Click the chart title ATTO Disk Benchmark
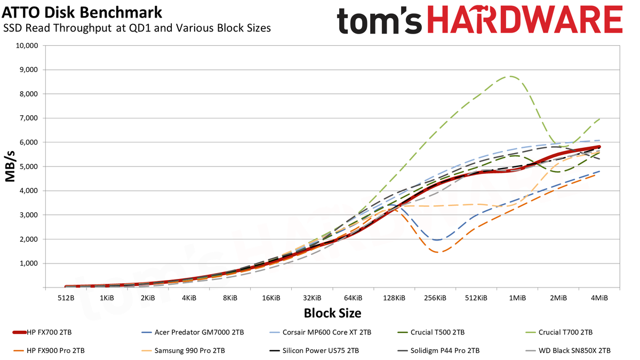[x=82, y=13]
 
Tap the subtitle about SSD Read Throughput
[x=137, y=28]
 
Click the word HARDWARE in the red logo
[x=525, y=20]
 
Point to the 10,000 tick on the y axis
[x=27, y=45]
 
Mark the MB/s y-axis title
[x=10, y=166]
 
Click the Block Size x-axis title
[x=332, y=313]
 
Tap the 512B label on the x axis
[x=66, y=298]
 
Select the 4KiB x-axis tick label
[x=189, y=298]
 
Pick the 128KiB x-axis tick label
[x=394, y=298]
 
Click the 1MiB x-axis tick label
[x=517, y=298]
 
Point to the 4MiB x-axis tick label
[x=599, y=298]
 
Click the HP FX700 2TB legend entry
[x=42, y=332]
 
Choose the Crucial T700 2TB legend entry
[x=559, y=332]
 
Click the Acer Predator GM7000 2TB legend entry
[x=193, y=332]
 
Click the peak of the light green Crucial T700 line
[x=510, y=76]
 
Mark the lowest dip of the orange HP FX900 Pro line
[x=439, y=252]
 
